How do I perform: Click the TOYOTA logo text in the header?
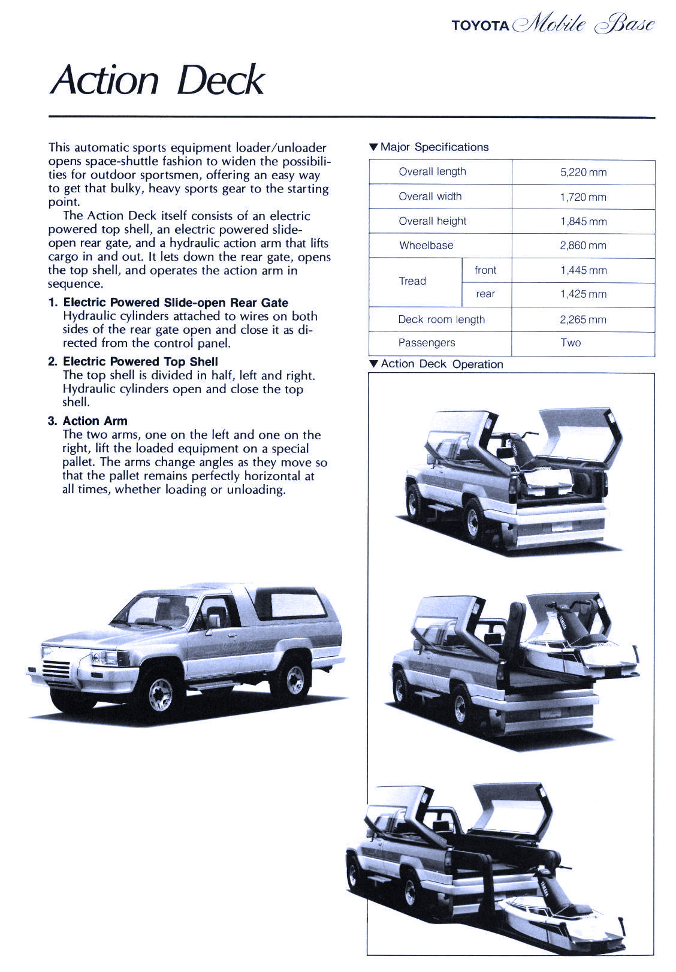coord(480,26)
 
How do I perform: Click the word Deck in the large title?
coord(221,80)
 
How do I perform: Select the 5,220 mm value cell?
coord(583,172)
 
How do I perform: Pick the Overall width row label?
coord(430,197)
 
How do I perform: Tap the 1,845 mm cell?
coord(583,222)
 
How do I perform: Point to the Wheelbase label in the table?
coord(426,246)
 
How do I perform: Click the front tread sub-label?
coord(485,270)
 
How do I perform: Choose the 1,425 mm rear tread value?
coord(583,294)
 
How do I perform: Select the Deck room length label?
coord(441,320)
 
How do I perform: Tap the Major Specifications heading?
coord(429,147)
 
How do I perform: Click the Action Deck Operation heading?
coord(436,364)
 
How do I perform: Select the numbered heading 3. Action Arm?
coord(87,421)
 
